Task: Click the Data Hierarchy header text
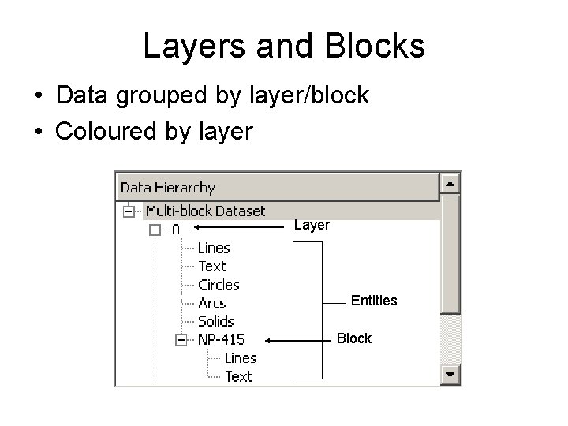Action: coord(167,187)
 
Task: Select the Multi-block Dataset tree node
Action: coord(205,211)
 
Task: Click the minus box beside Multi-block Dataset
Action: coord(128,211)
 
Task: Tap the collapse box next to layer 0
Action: coord(155,230)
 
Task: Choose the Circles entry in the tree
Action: coord(219,285)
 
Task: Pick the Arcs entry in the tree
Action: coord(211,303)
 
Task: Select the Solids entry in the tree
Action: coord(215,321)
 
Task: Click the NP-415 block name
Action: coord(221,340)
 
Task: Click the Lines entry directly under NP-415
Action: coord(241,358)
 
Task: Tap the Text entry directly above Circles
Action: coord(211,267)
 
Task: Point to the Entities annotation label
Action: coord(374,301)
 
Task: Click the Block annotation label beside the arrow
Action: coord(353,338)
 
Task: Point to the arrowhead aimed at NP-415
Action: coord(269,340)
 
